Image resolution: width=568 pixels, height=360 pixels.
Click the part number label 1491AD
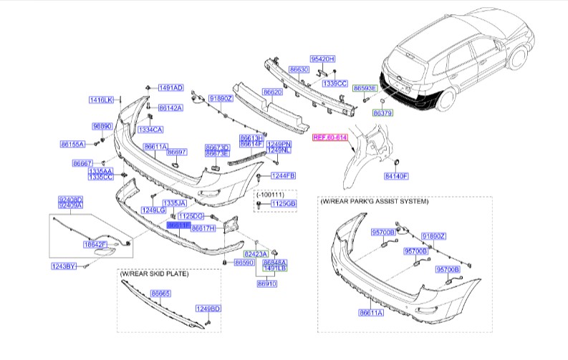[x=170, y=88]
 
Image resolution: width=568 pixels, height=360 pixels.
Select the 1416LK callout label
[x=102, y=100]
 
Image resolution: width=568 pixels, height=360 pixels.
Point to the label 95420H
[x=322, y=58]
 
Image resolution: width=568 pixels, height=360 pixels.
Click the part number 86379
[x=383, y=113]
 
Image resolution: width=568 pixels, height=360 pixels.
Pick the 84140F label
[x=395, y=175]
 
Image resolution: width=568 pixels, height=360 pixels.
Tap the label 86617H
[x=203, y=228]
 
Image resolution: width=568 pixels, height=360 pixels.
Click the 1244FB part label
[x=284, y=175]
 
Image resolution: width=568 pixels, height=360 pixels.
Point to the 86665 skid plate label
[x=160, y=293]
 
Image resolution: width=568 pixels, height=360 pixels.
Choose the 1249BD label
[x=209, y=308]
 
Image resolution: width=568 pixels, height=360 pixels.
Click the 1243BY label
[x=62, y=266]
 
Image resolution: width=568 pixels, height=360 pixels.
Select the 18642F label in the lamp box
[x=95, y=244]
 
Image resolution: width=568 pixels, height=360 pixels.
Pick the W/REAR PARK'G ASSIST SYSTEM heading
[x=375, y=203]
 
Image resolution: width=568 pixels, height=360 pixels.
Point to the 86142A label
[x=170, y=108]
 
